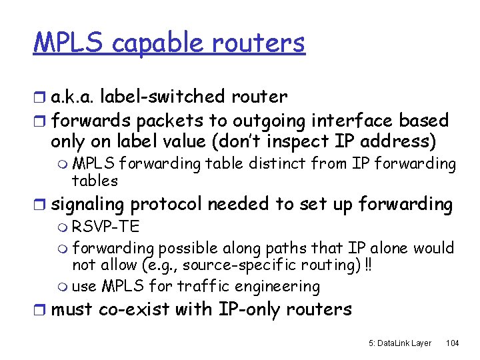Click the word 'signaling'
point(88,204)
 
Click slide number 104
point(452,343)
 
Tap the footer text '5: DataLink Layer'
point(400,343)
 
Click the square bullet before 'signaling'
point(40,205)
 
